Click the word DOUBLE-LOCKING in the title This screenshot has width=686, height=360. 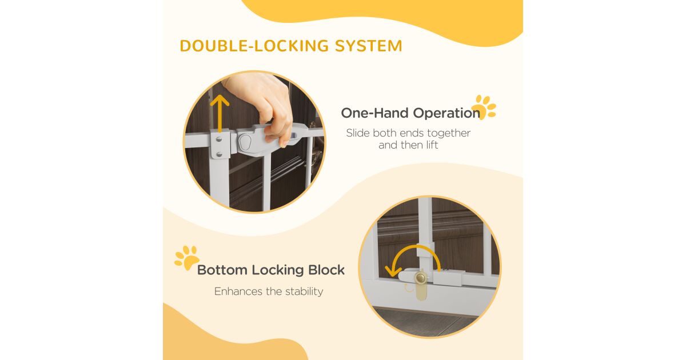coord(254,46)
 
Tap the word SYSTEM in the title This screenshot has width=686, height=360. coord(368,46)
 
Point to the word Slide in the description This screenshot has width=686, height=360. coord(358,133)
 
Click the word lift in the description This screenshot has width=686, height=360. coord(432,145)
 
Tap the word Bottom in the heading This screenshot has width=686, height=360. coord(222,270)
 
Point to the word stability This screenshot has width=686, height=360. coord(304,292)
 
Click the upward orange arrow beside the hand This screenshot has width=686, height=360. coord(220,113)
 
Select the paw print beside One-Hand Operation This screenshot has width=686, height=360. coord(484,107)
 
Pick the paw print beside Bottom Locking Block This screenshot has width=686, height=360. coord(187,258)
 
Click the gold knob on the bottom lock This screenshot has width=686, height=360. coord(421,278)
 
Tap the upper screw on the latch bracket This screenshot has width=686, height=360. coord(219,139)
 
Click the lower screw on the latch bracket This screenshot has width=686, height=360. coord(219,154)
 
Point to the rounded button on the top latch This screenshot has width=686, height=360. coord(245,142)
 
